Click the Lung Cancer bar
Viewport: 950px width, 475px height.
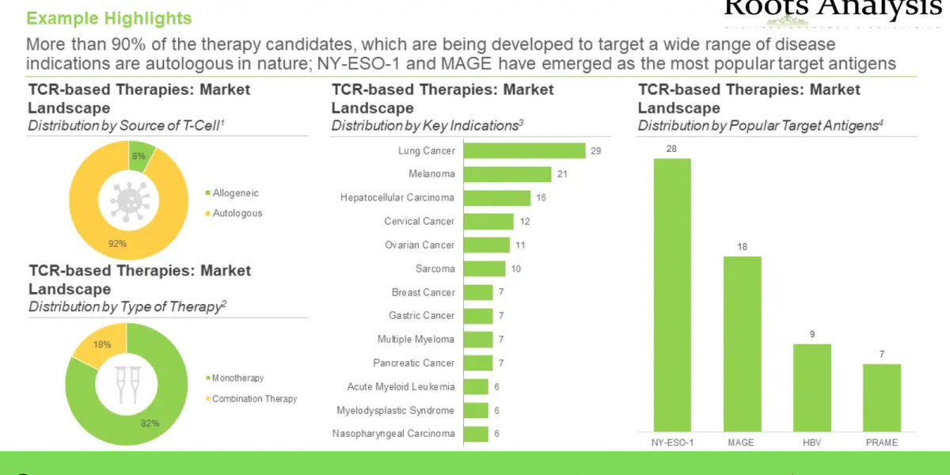tap(524, 150)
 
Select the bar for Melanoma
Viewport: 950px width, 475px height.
tap(507, 174)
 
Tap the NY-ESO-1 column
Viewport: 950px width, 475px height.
tap(671, 293)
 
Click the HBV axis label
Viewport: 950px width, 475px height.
tap(811, 443)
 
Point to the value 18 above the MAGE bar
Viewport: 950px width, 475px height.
tap(742, 247)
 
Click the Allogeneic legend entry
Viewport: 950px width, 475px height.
tap(235, 193)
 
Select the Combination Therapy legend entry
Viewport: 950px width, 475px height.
tap(254, 399)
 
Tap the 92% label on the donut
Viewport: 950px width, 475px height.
tap(117, 244)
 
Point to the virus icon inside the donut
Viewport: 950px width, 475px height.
tap(128, 200)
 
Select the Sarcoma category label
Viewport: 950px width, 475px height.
tap(435, 269)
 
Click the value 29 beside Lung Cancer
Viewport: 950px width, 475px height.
tap(596, 150)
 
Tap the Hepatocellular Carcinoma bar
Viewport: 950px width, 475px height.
tap(496, 198)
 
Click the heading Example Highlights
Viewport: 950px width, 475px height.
tap(109, 17)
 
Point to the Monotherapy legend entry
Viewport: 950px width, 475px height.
tap(237, 378)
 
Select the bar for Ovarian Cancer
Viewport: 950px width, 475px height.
tap(486, 245)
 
